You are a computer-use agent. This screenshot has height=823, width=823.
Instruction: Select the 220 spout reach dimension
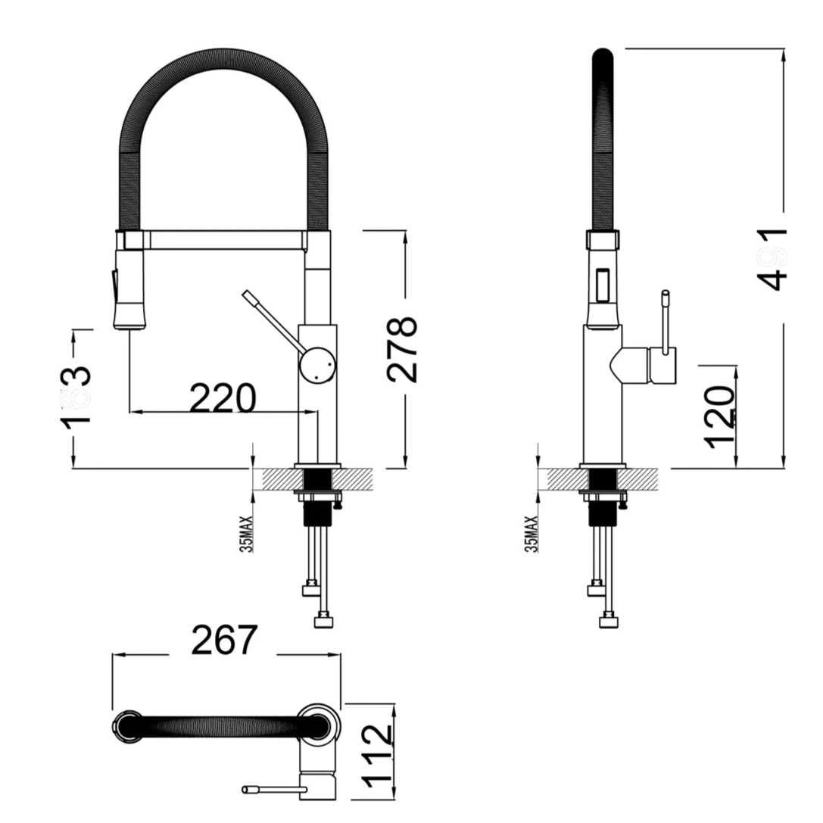(222, 399)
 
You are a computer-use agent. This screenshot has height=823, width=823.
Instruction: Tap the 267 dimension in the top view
(224, 641)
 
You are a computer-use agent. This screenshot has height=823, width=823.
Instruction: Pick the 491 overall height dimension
(772, 258)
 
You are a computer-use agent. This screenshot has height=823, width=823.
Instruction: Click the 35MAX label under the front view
(247, 534)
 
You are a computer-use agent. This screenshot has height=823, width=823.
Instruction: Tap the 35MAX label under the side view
(532, 534)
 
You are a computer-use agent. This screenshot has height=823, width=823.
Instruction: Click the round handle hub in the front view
(316, 364)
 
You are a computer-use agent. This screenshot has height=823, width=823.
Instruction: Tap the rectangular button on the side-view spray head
(603, 285)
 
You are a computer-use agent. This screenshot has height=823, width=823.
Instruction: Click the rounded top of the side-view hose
(603, 56)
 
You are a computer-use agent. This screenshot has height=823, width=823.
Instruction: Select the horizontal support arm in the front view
(223, 241)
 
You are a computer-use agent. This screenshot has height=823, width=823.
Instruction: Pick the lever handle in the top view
(273, 790)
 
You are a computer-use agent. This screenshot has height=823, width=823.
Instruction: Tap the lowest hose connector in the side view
(609, 622)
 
